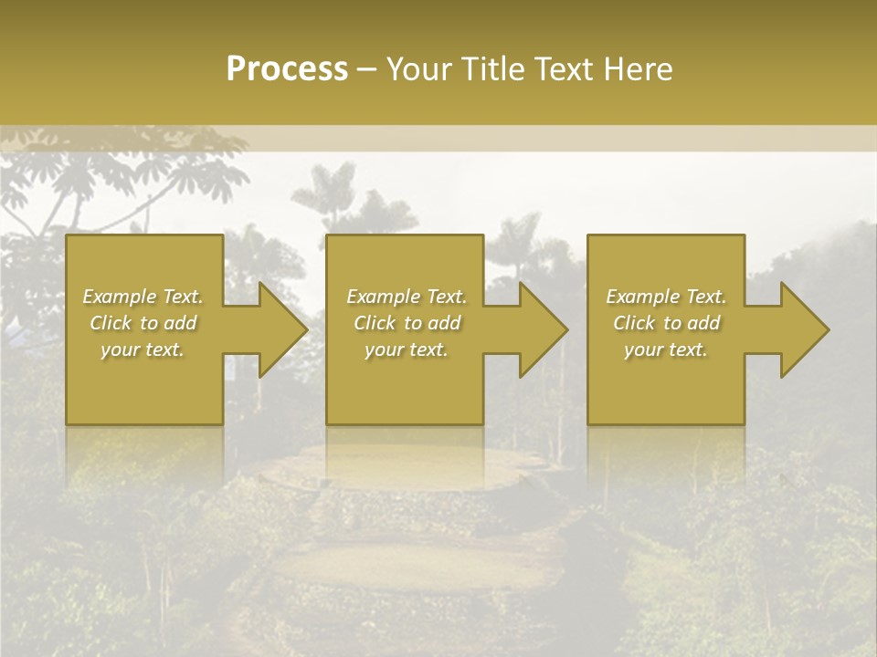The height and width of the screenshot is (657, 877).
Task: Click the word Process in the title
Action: tap(287, 69)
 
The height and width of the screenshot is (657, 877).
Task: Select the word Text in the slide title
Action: tap(565, 69)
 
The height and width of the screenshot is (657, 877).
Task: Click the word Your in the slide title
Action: tap(418, 69)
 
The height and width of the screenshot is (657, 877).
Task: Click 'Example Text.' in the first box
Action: tap(143, 297)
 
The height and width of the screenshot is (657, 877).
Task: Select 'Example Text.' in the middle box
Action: tap(406, 297)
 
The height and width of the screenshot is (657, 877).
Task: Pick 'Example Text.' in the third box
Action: tap(666, 297)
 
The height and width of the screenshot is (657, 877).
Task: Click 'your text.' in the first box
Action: tap(143, 349)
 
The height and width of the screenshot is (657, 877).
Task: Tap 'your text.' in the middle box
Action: tap(406, 349)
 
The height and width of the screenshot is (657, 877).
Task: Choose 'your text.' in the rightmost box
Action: tap(666, 349)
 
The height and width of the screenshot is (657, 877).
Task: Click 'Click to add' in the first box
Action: tap(143, 323)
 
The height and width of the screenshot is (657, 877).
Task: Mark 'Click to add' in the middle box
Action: tap(406, 323)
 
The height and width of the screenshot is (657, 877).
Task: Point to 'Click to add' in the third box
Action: tap(666, 323)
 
